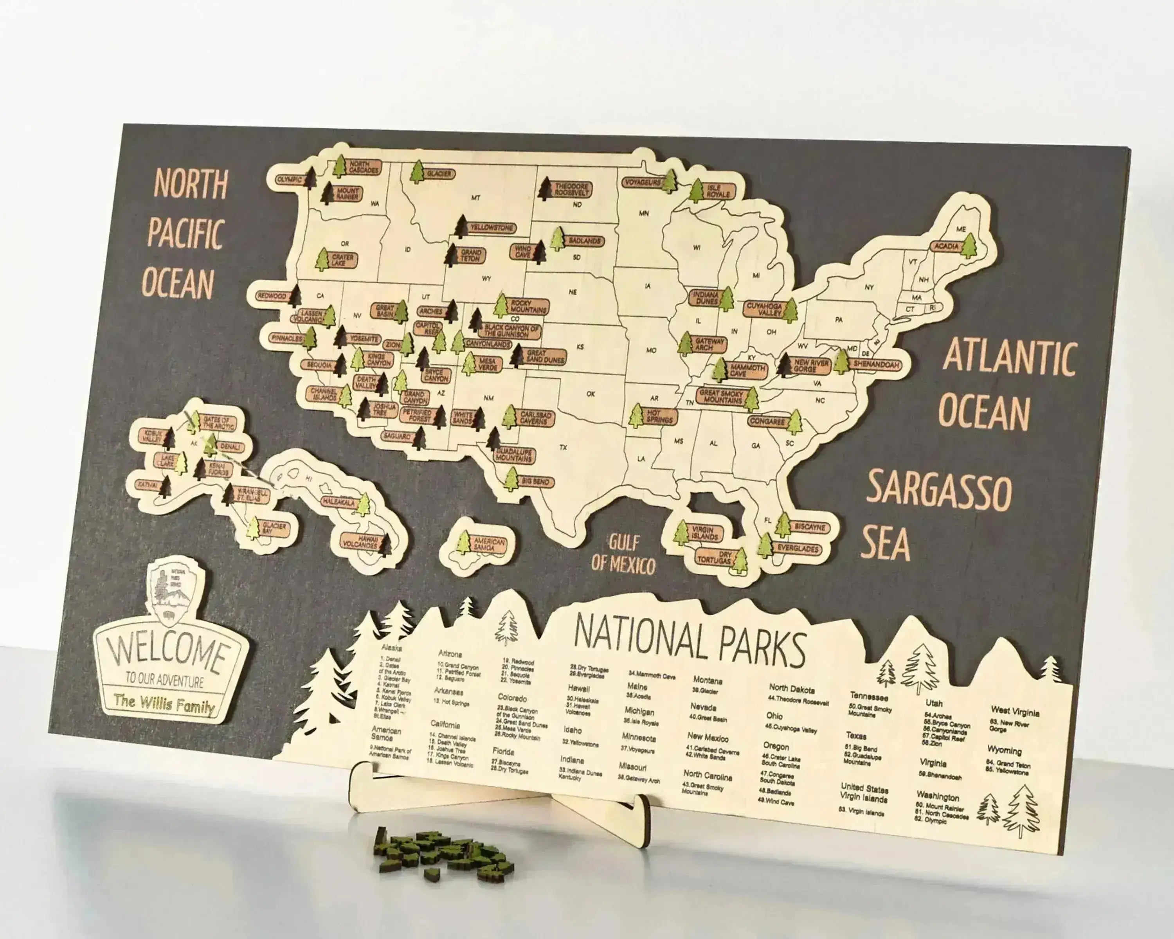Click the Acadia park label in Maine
click(946, 246)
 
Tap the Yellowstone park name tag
click(492, 228)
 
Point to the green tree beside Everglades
click(765, 545)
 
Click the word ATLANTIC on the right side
click(1009, 356)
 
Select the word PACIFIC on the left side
click(185, 234)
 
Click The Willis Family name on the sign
click(164, 704)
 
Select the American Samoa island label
click(488, 544)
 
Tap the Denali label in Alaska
click(229, 447)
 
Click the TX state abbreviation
click(563, 448)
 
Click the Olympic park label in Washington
click(289, 179)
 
